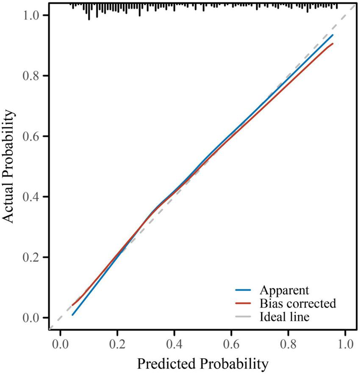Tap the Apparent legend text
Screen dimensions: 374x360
tap(284, 291)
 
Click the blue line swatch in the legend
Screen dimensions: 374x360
tap(244, 291)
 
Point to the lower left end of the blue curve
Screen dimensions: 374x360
tap(72, 315)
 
